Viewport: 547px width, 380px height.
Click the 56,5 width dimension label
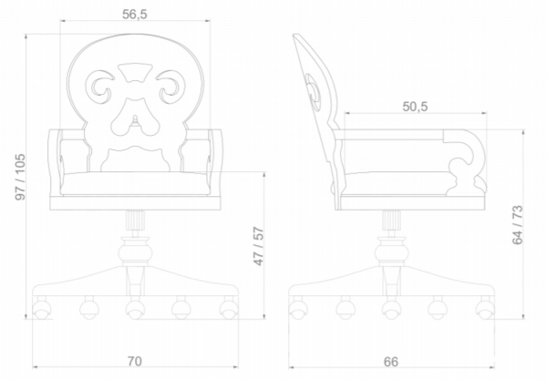click(x=135, y=15)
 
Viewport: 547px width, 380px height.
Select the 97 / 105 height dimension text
click(x=20, y=177)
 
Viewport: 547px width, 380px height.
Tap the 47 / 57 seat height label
click(x=259, y=246)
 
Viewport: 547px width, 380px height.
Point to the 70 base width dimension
click(x=134, y=361)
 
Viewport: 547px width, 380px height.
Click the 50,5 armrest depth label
click(x=415, y=107)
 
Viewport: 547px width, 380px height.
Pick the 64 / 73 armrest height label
click(x=517, y=225)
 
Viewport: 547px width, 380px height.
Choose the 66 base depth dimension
click(x=391, y=362)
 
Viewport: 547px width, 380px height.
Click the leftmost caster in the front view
click(x=42, y=309)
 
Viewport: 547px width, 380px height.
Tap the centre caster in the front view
click(x=135, y=309)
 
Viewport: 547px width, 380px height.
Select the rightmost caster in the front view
click(x=229, y=309)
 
